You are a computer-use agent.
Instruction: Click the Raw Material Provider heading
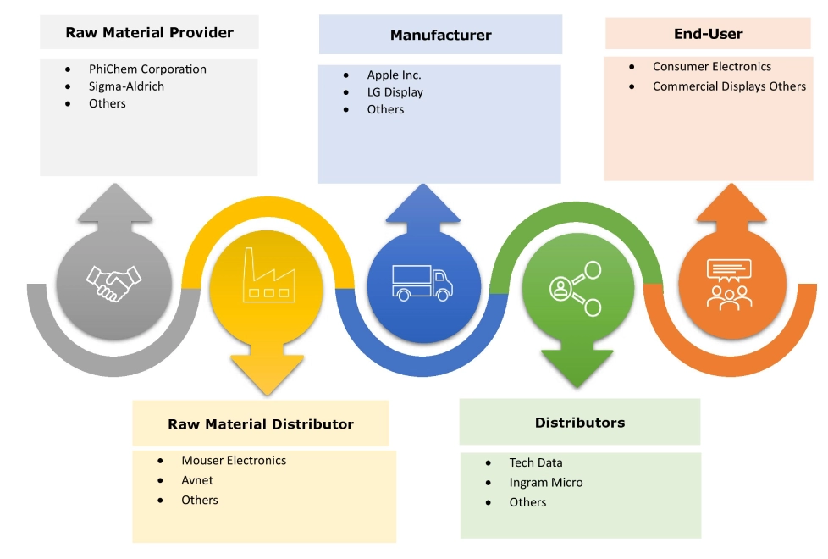tap(149, 34)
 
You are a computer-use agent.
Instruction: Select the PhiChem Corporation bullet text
tap(147, 69)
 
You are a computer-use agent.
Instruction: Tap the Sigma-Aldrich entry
tap(126, 86)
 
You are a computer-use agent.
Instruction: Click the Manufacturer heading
tap(440, 36)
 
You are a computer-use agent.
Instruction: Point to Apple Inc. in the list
tap(394, 75)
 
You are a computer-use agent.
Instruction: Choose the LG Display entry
tap(395, 92)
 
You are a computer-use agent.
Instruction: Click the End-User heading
tap(708, 35)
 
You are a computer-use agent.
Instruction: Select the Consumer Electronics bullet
tap(712, 66)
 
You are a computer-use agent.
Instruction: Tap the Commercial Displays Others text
tap(729, 86)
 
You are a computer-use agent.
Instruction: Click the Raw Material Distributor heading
tap(261, 424)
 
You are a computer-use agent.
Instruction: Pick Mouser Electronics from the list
tap(234, 461)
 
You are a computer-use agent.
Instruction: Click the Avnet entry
tap(197, 480)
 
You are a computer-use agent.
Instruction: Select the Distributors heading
tap(580, 423)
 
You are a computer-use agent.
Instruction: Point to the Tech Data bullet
tap(535, 462)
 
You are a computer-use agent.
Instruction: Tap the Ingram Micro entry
tap(545, 483)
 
